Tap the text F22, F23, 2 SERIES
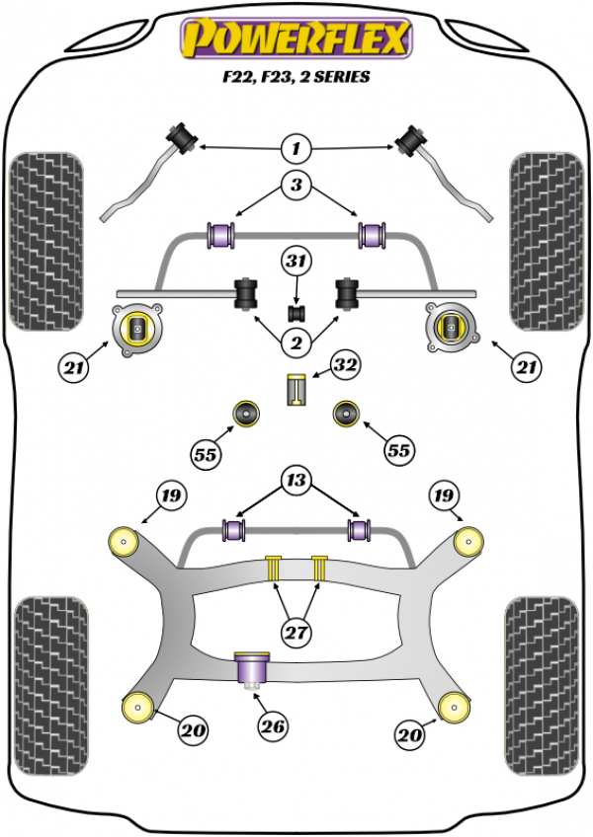point(294,76)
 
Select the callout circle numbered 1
point(295,150)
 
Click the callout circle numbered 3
point(295,184)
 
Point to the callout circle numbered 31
point(295,262)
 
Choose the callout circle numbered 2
point(295,342)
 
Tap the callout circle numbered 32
point(344,367)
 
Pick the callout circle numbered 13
point(295,481)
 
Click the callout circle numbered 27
point(295,633)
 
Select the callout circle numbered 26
point(273,727)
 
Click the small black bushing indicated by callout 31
point(295,313)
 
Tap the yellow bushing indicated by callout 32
point(295,390)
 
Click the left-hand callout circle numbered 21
point(72,369)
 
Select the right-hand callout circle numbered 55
point(397,451)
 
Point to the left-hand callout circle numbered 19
point(171,495)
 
